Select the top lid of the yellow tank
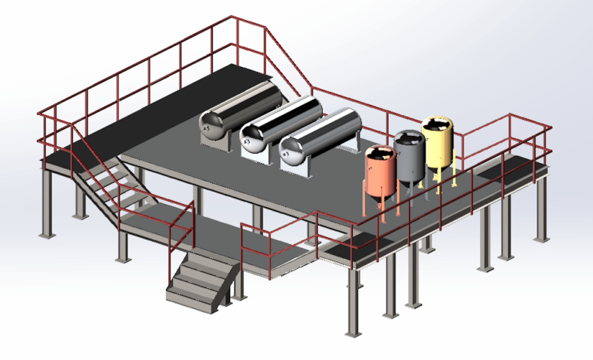tap(436, 124)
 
